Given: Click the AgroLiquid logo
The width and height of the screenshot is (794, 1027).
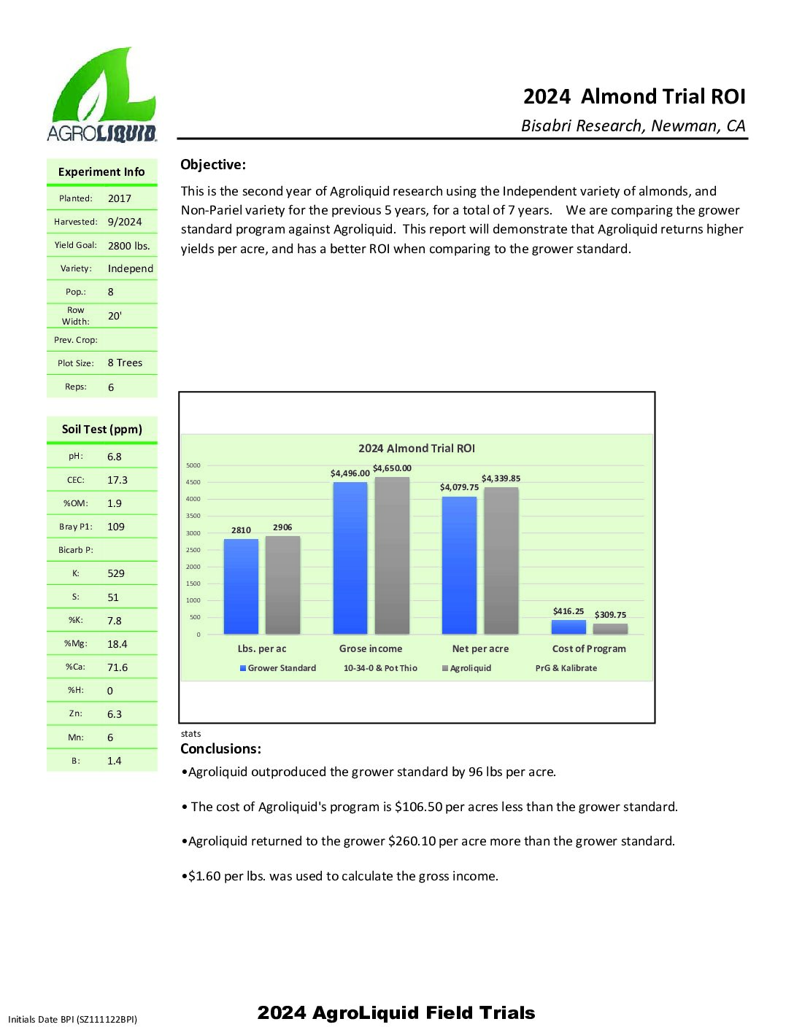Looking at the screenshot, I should pyautogui.click(x=102, y=95).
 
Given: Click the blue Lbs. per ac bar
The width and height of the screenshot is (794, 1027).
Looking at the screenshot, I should pyautogui.click(x=241, y=587).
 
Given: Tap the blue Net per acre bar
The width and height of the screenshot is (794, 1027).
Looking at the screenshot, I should pyautogui.click(x=459, y=565).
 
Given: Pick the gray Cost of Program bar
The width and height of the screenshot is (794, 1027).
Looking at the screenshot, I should pyautogui.click(x=610, y=629).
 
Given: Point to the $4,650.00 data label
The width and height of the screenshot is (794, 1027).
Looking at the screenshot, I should pyautogui.click(x=392, y=468).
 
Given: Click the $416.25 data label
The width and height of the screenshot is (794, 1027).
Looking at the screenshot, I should pyautogui.click(x=568, y=611).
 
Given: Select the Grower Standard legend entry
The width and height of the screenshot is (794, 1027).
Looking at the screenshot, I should pyautogui.click(x=278, y=668).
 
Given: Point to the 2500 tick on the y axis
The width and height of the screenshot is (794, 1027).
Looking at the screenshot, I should pyautogui.click(x=193, y=550).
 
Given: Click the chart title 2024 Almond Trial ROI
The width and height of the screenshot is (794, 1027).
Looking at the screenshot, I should pyautogui.click(x=416, y=449).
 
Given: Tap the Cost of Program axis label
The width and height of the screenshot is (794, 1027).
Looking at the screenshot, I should pyautogui.click(x=589, y=648).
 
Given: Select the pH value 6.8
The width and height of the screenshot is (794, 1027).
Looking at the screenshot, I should pyautogui.click(x=115, y=457).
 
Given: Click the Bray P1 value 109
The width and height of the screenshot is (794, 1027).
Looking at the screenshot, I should pyautogui.click(x=116, y=527).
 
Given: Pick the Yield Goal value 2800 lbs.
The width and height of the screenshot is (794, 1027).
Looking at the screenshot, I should pyautogui.click(x=128, y=246).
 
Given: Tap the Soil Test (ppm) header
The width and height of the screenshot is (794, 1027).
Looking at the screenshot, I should pyautogui.click(x=102, y=429).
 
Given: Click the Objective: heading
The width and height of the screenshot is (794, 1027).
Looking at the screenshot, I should pyautogui.click(x=213, y=165).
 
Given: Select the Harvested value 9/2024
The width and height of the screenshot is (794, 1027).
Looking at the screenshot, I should pyautogui.click(x=125, y=222).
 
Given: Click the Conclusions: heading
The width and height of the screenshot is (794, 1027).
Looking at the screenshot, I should pyautogui.click(x=220, y=749).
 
